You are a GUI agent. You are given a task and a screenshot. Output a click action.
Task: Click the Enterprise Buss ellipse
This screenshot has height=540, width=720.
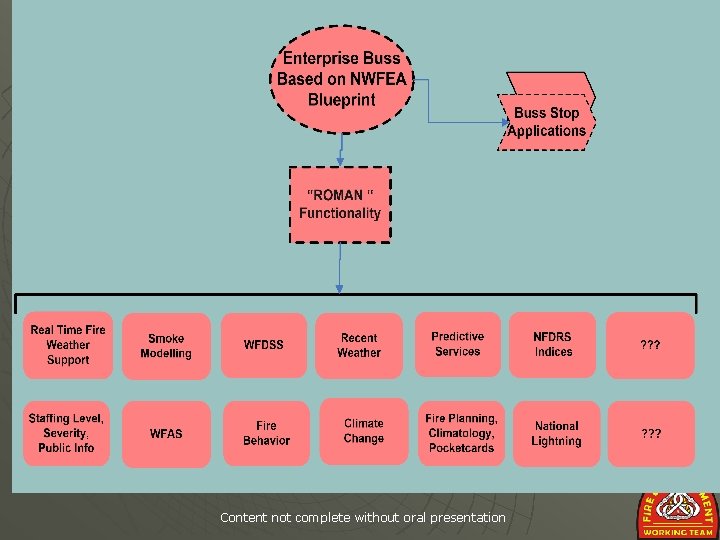(x=341, y=79)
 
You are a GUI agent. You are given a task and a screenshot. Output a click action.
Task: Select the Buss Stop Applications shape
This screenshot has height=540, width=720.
(x=546, y=121)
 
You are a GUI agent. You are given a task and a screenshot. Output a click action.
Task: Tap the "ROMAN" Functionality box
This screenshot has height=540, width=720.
(x=340, y=205)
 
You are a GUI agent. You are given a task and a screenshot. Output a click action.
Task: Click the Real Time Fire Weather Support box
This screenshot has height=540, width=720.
(x=67, y=345)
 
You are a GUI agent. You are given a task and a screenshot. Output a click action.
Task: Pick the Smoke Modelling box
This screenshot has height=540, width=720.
(x=166, y=346)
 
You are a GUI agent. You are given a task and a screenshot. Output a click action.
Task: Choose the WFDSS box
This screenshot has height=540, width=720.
(x=264, y=345)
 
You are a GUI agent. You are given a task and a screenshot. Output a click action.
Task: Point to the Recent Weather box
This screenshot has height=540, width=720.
(x=359, y=346)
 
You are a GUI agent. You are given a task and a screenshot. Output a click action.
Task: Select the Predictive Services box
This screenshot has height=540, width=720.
(x=457, y=345)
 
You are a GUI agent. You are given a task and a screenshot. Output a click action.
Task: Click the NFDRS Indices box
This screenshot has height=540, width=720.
(x=553, y=345)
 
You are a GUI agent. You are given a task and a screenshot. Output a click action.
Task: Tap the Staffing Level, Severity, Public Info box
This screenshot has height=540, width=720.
(x=66, y=433)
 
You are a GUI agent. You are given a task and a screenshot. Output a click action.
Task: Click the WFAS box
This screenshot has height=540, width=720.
(x=166, y=434)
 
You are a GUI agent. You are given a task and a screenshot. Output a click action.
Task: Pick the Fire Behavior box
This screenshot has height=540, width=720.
(x=266, y=433)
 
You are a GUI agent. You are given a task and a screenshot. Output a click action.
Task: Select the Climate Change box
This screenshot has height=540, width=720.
(x=364, y=431)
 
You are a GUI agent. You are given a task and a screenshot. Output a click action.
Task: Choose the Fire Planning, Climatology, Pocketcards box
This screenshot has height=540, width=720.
(x=461, y=433)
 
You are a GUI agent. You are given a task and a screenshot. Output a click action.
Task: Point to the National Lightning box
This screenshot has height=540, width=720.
(x=556, y=433)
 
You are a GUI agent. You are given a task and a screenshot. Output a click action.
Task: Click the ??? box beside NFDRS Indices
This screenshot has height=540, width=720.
(x=650, y=345)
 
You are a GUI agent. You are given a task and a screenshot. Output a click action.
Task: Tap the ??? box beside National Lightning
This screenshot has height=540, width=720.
(x=650, y=434)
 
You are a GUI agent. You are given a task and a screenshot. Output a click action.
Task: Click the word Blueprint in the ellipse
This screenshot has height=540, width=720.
(x=342, y=100)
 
